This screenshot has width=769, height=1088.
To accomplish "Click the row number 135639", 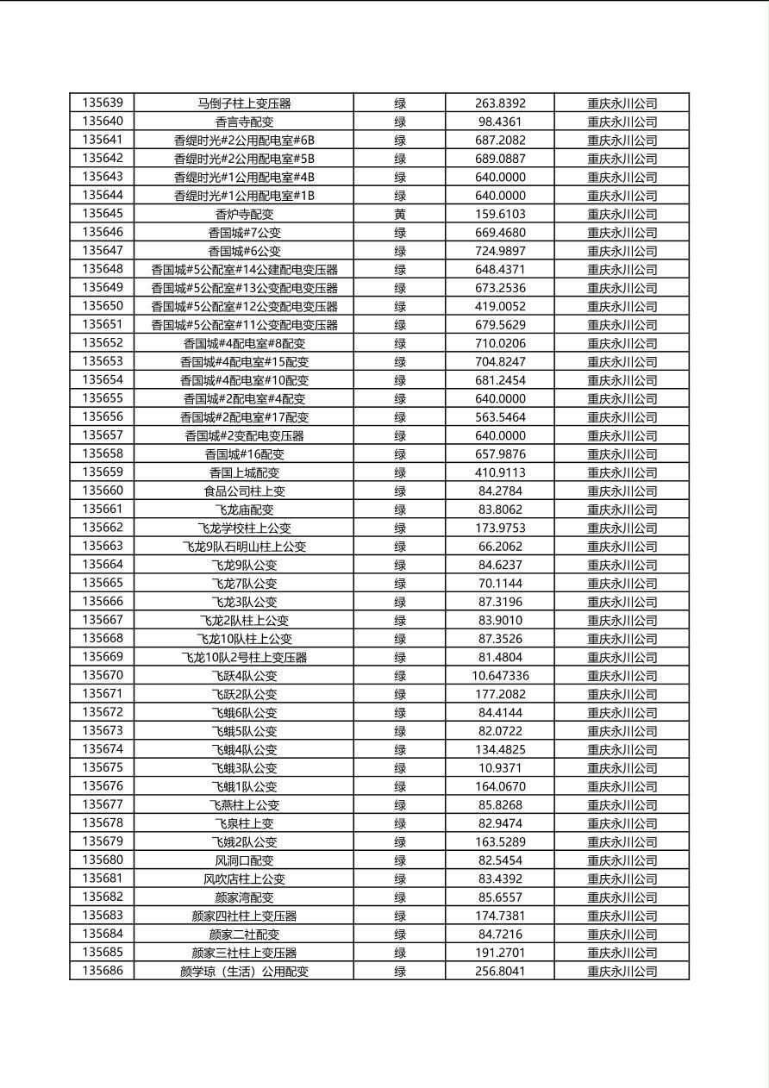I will tap(103, 103).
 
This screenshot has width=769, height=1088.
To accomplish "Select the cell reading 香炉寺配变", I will tap(244, 214).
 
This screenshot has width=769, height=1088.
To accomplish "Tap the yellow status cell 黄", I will tap(400, 214).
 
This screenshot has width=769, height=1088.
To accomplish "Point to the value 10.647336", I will tap(500, 676).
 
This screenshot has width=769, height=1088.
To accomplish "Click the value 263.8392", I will tap(500, 103).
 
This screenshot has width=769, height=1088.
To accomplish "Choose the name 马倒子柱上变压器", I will tap(244, 103).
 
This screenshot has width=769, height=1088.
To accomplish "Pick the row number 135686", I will tap(103, 971).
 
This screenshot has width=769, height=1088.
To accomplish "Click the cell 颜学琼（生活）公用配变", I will tap(244, 971).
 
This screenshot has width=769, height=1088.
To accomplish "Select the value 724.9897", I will tap(500, 251).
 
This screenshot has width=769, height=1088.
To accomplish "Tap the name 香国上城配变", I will tap(244, 472).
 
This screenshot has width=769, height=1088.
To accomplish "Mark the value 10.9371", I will tap(500, 768).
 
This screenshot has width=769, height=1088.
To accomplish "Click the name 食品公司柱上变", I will tap(244, 491).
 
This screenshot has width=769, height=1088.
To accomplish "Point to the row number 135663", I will tap(103, 547).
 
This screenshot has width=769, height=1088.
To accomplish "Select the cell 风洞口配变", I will tap(244, 860).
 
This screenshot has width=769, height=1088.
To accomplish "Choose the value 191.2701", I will tap(500, 953).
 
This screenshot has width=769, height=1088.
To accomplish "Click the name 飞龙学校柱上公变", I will tap(244, 528).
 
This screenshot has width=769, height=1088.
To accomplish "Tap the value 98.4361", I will tap(500, 122).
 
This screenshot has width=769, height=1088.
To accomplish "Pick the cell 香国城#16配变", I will tap(244, 454).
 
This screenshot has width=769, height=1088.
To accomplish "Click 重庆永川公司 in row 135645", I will tap(622, 214).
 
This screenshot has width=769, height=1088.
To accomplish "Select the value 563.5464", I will tap(500, 417).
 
